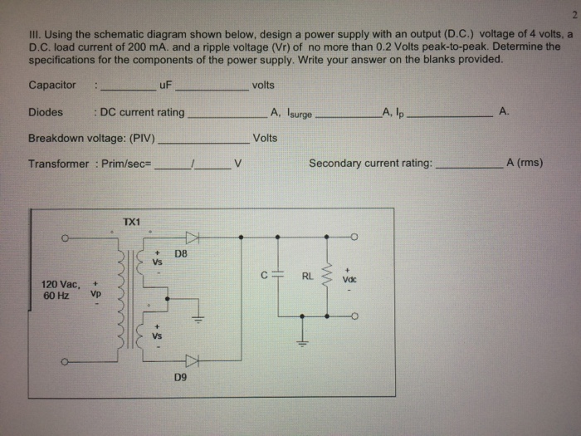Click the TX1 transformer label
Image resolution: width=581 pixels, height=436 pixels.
pyautogui.click(x=131, y=222)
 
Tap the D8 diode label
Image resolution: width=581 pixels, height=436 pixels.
pyautogui.click(x=181, y=252)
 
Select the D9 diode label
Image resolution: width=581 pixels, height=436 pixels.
pyautogui.click(x=181, y=377)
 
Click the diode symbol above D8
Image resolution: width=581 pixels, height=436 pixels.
pyautogui.click(x=193, y=237)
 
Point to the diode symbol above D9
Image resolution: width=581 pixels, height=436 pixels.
pyautogui.click(x=193, y=360)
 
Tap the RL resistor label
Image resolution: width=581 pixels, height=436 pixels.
pyautogui.click(x=307, y=277)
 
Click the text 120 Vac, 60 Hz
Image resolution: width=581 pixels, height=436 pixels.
pyautogui.click(x=61, y=290)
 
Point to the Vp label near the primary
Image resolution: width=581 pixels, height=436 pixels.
pyautogui.click(x=95, y=292)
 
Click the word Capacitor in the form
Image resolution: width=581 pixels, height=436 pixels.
pyautogui.click(x=51, y=85)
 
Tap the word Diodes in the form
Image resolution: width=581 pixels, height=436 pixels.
pyautogui.click(x=45, y=111)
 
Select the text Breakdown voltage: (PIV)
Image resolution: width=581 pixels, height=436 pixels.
pyautogui.click(x=91, y=138)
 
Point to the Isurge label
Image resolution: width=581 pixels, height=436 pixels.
pyautogui.click(x=299, y=113)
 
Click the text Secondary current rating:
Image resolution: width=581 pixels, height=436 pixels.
pyautogui.click(x=370, y=164)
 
